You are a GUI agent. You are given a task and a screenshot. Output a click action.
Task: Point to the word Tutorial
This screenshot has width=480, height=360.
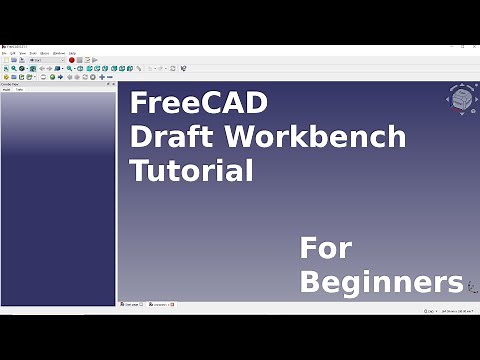point(191,170)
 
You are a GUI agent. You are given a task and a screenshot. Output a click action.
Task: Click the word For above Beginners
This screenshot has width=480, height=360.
point(327,247)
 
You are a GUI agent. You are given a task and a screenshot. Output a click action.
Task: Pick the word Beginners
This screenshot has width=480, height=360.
point(381,281)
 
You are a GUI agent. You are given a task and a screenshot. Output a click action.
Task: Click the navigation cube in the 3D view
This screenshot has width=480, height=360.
point(461,100)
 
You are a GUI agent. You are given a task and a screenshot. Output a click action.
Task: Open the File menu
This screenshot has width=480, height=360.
point(5,53)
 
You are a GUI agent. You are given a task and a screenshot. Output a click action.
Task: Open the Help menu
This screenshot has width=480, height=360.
point(72,53)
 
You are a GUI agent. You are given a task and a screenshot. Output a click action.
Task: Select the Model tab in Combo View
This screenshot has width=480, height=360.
point(8,90)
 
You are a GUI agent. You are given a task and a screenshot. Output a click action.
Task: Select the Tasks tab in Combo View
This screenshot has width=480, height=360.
point(20,90)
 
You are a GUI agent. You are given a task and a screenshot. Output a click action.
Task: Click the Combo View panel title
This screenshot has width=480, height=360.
point(12,84)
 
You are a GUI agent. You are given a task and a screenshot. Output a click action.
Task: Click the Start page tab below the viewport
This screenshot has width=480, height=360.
point(131,303)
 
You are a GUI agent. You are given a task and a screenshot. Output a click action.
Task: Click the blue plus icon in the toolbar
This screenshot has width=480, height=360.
point(101,76)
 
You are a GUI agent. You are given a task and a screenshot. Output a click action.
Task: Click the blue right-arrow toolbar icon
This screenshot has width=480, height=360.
point(60,76)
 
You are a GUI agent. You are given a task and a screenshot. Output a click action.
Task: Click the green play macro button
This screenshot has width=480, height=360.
point(93,60)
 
